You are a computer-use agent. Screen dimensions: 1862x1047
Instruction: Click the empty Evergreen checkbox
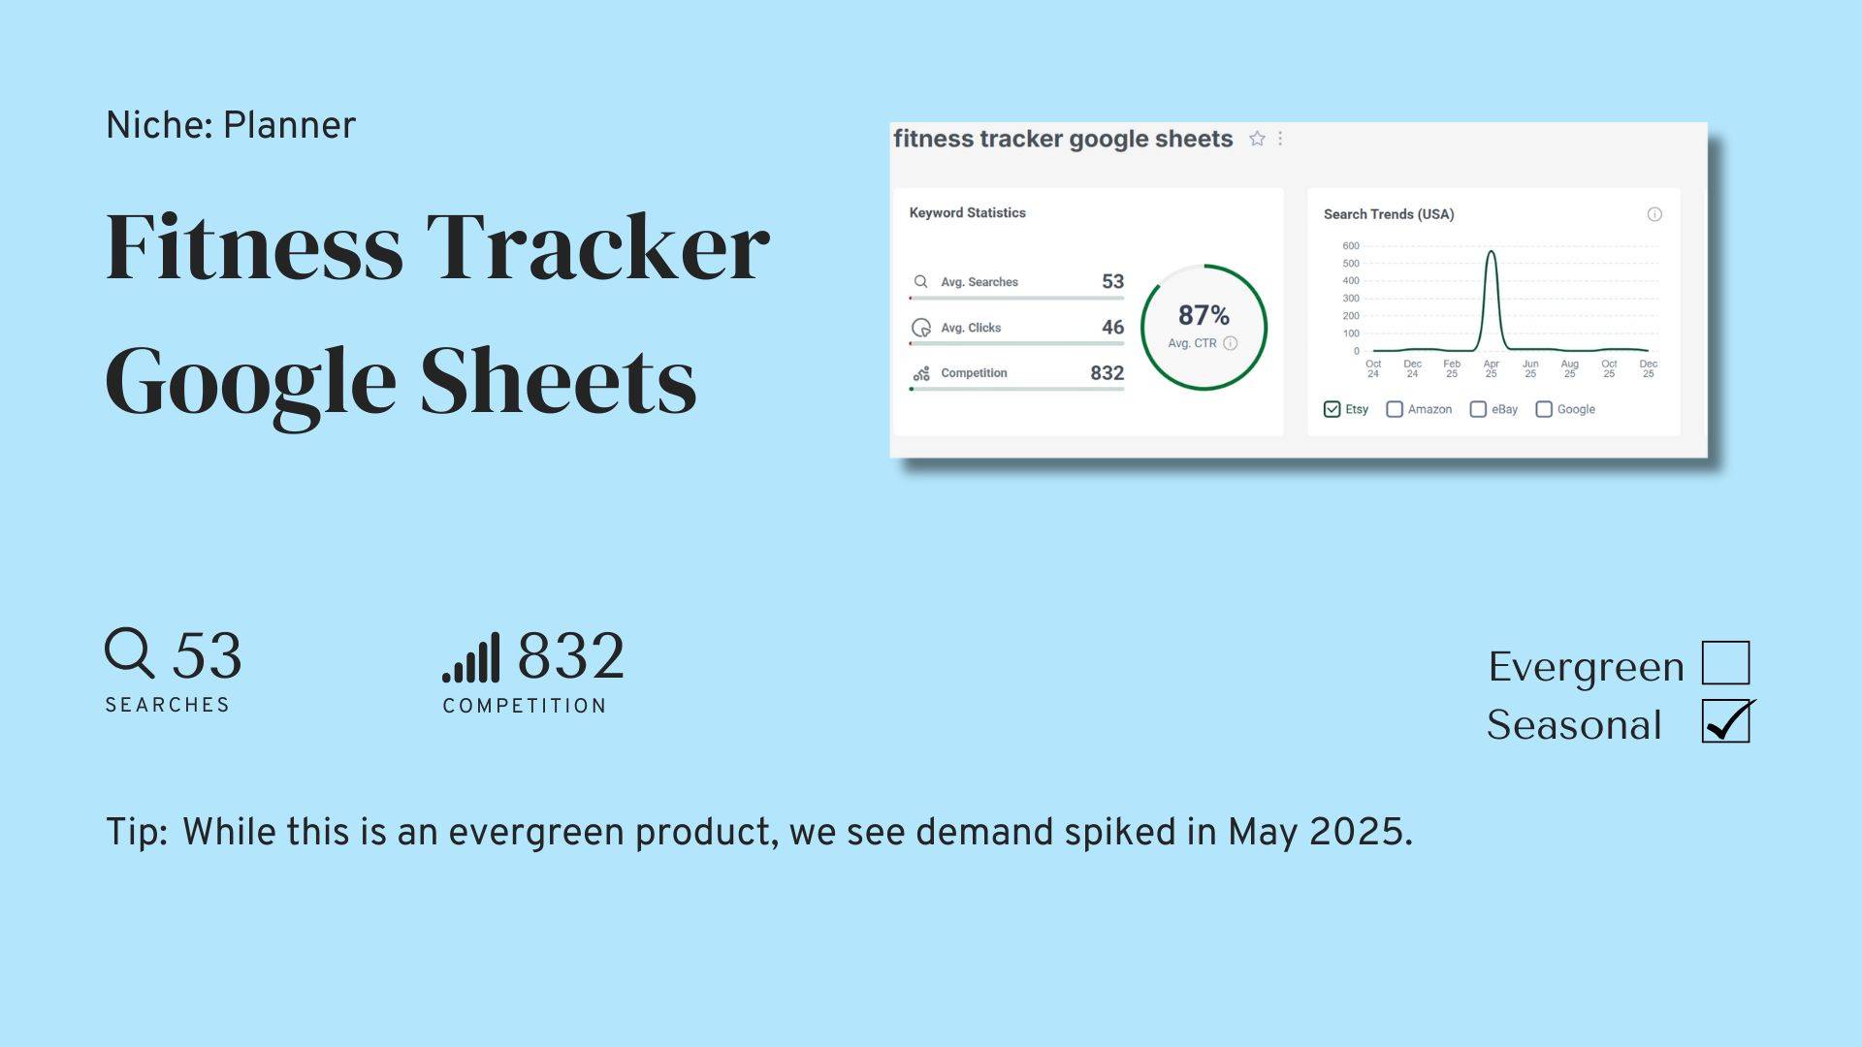click(x=1726, y=663)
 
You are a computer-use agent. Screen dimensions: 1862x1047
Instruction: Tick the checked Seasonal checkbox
click(x=1726, y=721)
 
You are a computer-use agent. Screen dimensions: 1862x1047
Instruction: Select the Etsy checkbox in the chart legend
click(x=1332, y=409)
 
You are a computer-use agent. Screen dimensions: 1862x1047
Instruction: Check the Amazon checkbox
click(x=1395, y=409)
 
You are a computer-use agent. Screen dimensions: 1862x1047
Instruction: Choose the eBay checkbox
click(x=1478, y=409)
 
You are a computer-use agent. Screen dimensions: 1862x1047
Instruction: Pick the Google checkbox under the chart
click(x=1544, y=409)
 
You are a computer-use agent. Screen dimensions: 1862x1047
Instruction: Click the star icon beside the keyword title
click(x=1257, y=139)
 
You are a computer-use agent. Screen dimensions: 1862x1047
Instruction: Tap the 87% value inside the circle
click(x=1204, y=315)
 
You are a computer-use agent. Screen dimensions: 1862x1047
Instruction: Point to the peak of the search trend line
click(x=1492, y=251)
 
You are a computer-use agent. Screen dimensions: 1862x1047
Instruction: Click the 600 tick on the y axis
click(x=1351, y=246)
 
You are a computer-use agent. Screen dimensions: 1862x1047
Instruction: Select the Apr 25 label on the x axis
click(x=1492, y=368)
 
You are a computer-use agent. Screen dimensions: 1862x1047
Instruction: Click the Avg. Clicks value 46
click(x=1112, y=328)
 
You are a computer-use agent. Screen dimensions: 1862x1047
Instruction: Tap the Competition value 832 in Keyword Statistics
click(x=1107, y=373)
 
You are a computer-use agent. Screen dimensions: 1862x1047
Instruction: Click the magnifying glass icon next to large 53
click(x=130, y=653)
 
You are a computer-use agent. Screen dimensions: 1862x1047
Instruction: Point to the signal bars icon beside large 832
click(x=471, y=657)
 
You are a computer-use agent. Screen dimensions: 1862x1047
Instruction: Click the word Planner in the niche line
click(x=289, y=126)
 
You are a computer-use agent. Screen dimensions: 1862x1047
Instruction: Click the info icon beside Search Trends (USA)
click(x=1654, y=214)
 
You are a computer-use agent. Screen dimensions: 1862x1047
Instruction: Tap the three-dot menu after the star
click(x=1280, y=139)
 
